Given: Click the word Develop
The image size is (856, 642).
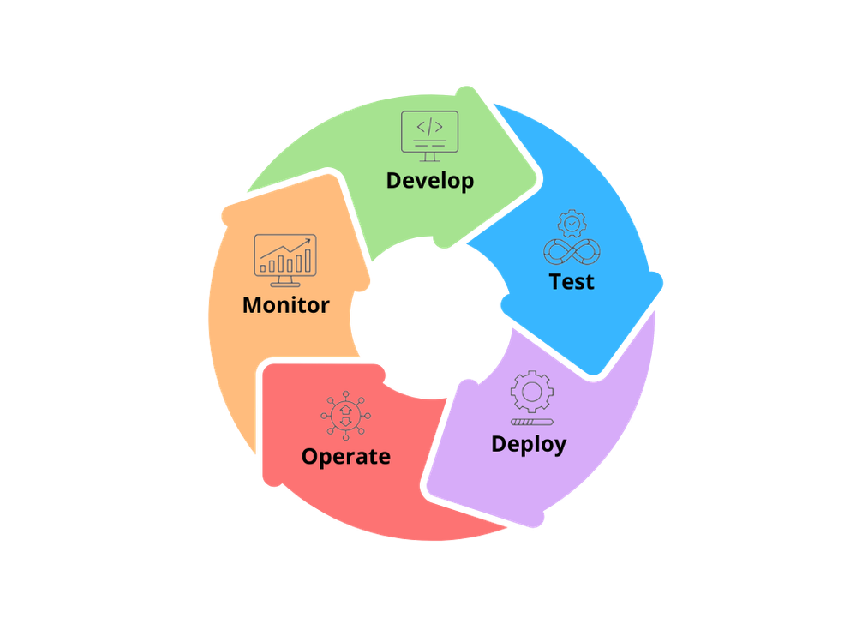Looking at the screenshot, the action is click(429, 181).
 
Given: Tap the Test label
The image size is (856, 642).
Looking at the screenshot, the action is click(571, 282).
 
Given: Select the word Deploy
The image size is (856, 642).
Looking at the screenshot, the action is click(529, 444).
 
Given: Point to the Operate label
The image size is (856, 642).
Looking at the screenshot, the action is click(345, 456).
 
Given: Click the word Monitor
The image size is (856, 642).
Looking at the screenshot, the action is click(285, 305).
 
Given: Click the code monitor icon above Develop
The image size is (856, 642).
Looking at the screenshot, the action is click(429, 136).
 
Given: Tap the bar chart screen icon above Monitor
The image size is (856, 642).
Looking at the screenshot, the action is click(285, 261).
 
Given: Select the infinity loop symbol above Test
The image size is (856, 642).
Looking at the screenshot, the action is click(572, 252).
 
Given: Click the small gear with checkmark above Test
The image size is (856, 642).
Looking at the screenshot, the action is click(572, 223).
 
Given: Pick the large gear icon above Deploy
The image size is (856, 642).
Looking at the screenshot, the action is click(532, 392).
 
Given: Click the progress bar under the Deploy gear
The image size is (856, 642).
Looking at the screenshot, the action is click(532, 422).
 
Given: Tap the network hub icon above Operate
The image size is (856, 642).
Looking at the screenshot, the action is click(345, 416).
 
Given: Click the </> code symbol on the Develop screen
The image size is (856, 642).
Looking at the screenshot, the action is click(429, 127).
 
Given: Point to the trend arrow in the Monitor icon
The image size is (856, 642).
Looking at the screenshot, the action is click(285, 249).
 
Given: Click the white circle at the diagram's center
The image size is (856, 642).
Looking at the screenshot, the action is click(431, 317).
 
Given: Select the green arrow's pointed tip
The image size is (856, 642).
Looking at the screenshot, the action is click(541, 178).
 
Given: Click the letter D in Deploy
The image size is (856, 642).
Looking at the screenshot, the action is click(499, 444).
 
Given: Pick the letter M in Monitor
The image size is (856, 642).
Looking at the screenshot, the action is click(254, 305).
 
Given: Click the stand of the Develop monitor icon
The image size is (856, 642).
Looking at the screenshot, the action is click(429, 157).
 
